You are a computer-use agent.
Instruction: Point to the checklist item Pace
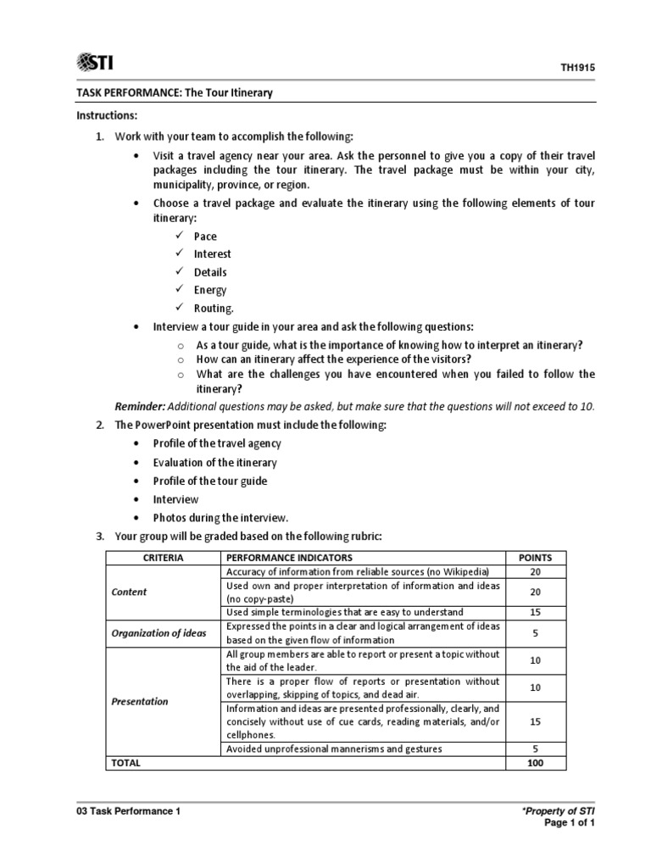point(205,236)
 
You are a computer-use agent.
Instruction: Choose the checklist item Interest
point(212,253)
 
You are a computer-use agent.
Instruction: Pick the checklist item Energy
point(210,290)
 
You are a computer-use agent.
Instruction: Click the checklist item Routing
point(213,309)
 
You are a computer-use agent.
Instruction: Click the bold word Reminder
point(140,406)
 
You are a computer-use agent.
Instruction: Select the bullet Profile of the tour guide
point(209,481)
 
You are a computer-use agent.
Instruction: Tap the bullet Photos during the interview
point(220,517)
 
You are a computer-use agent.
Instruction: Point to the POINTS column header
point(535,558)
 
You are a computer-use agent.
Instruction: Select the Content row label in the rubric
point(129,593)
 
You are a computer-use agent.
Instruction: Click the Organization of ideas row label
point(159,633)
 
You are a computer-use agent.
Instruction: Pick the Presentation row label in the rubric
point(140,701)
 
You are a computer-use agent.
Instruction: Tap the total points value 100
point(535,763)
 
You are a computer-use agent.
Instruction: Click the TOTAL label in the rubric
point(125,763)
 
